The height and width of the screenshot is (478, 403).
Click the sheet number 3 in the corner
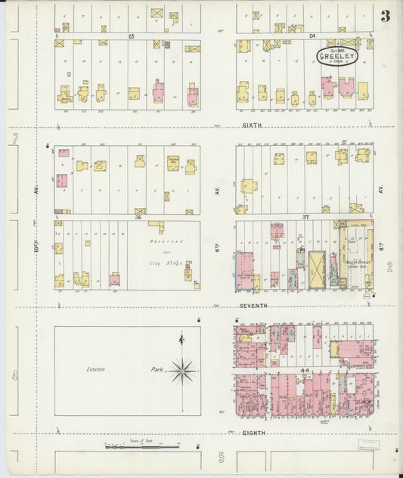(x=386, y=16)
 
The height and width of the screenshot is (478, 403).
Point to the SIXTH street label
(x=252, y=126)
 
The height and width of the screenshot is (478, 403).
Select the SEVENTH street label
(x=255, y=305)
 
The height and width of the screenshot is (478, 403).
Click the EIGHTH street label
(x=253, y=434)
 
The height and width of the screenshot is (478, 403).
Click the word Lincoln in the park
(x=95, y=368)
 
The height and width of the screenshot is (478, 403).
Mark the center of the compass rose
(x=182, y=371)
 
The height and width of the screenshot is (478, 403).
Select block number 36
(x=138, y=216)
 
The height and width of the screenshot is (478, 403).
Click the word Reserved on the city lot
(x=162, y=240)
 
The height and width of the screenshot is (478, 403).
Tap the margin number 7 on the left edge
(x=14, y=139)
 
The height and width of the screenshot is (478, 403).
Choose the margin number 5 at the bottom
(x=222, y=458)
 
